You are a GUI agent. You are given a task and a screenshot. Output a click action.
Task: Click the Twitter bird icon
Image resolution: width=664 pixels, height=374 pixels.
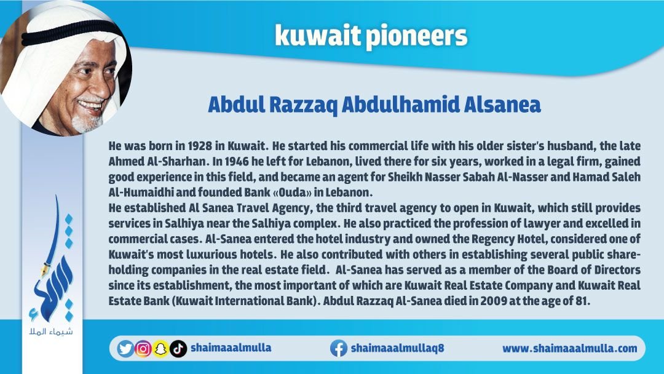(125, 349)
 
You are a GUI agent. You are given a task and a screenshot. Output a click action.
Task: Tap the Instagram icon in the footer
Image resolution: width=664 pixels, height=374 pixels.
(143, 349)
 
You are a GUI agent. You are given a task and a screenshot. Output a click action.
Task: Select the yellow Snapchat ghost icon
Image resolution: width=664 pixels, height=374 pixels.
(160, 349)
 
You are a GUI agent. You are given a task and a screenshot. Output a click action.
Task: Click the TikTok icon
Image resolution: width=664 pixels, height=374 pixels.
(178, 349)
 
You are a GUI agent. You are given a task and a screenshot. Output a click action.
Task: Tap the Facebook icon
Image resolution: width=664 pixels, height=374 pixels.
(338, 348)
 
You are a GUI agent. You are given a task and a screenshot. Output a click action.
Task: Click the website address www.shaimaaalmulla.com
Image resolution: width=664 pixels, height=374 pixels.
(569, 349)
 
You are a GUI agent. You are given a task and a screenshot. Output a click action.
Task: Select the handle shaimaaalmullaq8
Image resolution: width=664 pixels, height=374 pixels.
(397, 348)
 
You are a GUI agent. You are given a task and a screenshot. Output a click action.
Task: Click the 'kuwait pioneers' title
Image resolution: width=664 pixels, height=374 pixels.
(371, 36)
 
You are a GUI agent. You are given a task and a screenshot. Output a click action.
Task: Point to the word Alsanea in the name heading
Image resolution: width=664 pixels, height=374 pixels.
(502, 105)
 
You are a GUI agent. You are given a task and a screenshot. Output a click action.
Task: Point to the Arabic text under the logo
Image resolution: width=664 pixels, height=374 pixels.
(51, 331)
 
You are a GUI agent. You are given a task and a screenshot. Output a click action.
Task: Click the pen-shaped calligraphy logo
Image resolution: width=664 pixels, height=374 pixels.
(53, 258)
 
